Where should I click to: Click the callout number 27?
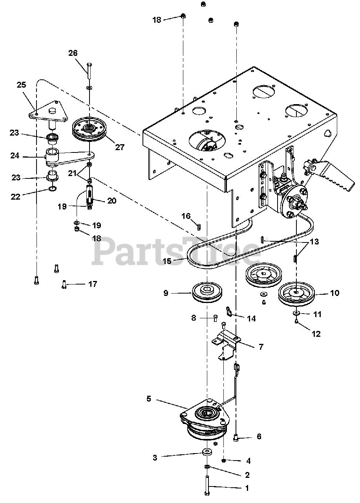tap(119, 147)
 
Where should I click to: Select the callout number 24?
tap(15, 156)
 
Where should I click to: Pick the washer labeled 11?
tap(294, 313)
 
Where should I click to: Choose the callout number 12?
tap(316, 334)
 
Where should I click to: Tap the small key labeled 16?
tap(199, 226)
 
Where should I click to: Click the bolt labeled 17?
tap(64, 284)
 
